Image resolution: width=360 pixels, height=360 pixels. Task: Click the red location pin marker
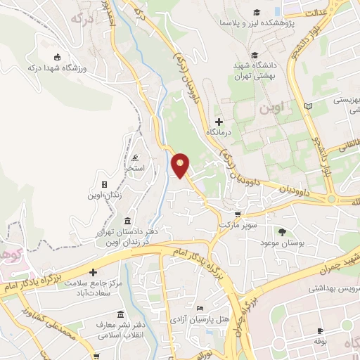(181, 165)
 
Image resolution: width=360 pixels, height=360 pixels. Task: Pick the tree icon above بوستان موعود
(283, 231)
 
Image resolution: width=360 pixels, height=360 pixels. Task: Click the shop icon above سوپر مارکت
(238, 214)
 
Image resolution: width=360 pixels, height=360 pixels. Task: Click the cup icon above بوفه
(321, 330)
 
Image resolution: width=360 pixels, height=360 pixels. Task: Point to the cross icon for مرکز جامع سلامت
(92, 271)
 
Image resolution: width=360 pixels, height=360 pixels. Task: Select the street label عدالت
(316, 12)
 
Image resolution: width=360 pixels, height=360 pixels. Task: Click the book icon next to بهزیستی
(307, 105)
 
